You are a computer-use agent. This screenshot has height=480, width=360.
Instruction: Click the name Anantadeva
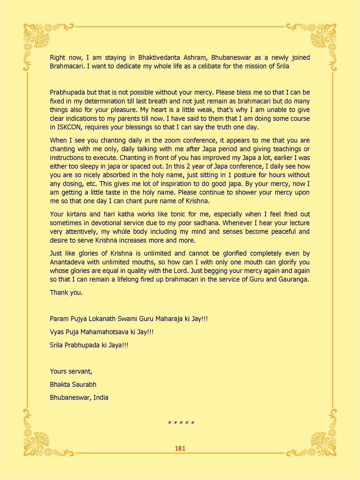pos(67,262)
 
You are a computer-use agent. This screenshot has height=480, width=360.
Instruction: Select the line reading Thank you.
pos(66,293)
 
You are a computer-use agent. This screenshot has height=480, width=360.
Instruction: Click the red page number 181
pos(180,448)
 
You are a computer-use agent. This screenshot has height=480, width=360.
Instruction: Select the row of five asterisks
pos(181,423)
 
